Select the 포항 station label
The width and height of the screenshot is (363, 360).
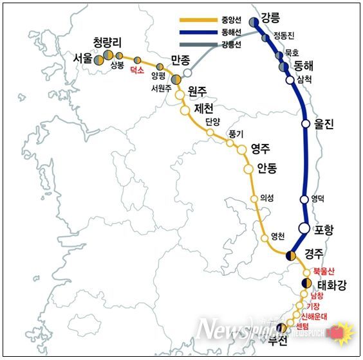326,230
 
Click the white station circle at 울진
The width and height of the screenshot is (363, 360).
306,125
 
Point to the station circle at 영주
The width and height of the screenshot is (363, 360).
242,149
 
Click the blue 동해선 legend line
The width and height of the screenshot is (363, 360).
196,33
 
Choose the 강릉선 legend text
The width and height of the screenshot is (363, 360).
232,44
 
